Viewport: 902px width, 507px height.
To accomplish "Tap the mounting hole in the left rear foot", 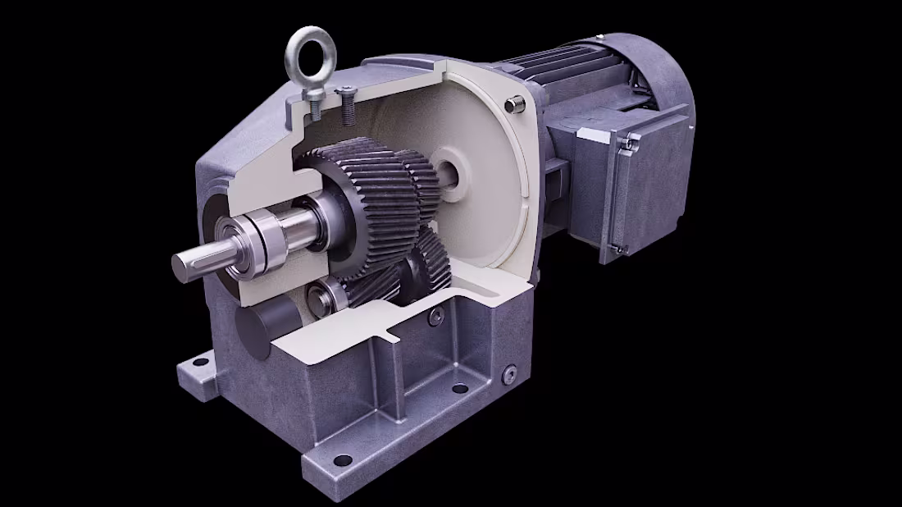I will (199, 362).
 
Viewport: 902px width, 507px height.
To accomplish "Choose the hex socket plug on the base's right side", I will (510, 374).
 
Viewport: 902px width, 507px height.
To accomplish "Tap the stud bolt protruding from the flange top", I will (514, 104).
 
